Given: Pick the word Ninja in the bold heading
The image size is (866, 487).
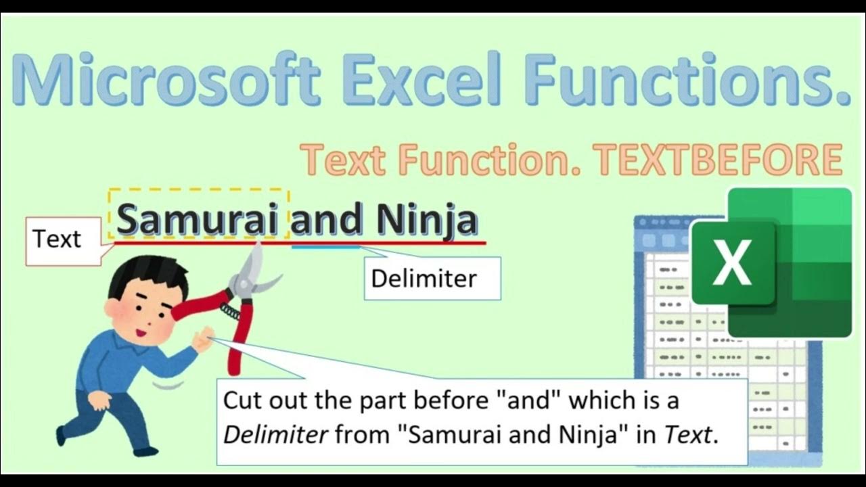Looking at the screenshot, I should click(x=427, y=220).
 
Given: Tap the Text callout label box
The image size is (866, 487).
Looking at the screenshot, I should click(x=57, y=239).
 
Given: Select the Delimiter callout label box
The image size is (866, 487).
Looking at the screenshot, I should click(x=424, y=278).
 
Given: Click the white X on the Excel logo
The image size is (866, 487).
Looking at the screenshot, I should click(x=731, y=263).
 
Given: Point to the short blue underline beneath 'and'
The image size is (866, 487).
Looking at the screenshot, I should click(x=326, y=247).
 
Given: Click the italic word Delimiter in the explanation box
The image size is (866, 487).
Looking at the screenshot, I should click(x=276, y=435).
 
